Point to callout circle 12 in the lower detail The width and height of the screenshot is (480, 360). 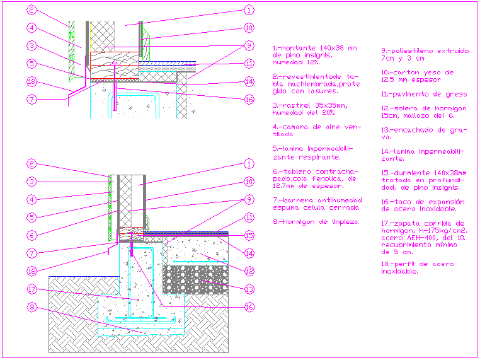[249, 271]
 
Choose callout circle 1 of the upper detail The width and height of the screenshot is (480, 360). [249, 10]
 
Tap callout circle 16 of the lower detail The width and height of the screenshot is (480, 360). [249, 307]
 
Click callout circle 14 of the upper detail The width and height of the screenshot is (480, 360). [249, 81]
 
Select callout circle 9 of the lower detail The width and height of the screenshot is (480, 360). [249, 200]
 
